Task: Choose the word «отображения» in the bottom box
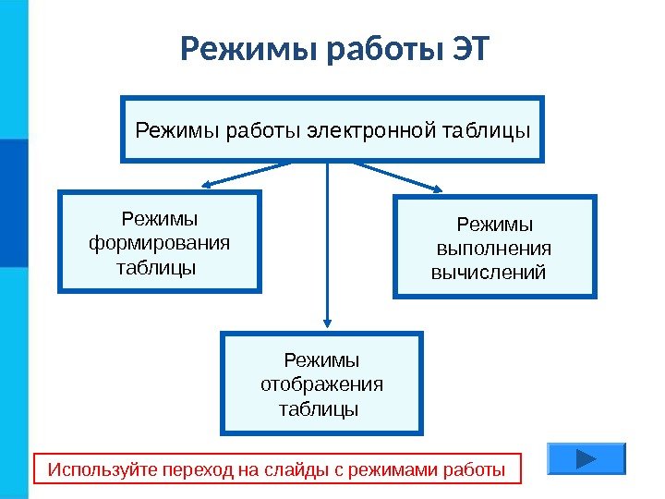click(x=321, y=383)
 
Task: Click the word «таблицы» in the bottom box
click(x=318, y=408)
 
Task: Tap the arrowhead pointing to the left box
click(x=211, y=185)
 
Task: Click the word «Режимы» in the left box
click(x=160, y=218)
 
